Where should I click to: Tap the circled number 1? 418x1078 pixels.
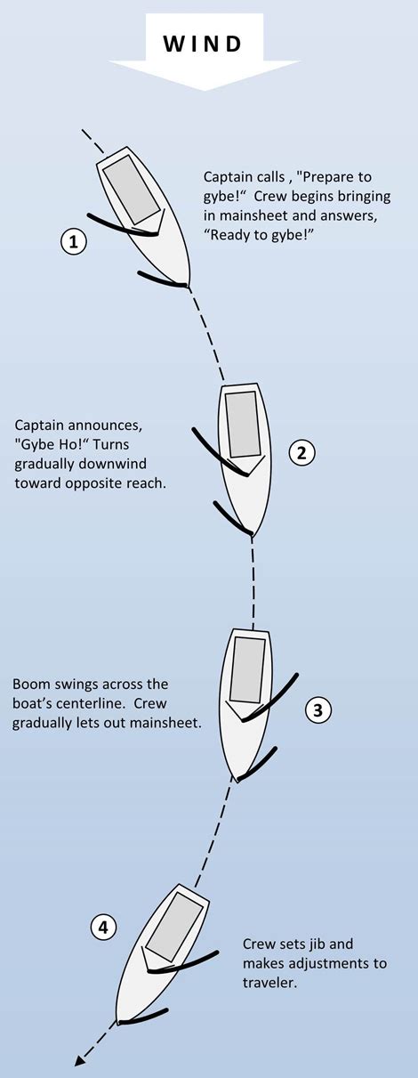(x=73, y=241)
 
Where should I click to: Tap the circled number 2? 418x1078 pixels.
(x=301, y=452)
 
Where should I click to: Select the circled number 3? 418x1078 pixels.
(x=318, y=709)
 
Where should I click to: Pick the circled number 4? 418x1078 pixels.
(x=104, y=928)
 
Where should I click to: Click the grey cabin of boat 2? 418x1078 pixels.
(x=242, y=424)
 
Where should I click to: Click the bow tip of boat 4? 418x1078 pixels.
(x=119, y=1021)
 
